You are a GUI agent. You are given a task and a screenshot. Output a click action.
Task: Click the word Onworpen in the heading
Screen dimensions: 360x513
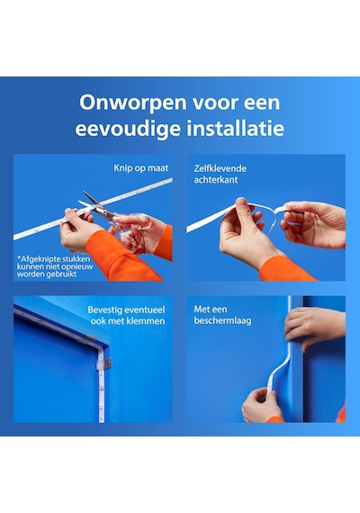pos(132,103)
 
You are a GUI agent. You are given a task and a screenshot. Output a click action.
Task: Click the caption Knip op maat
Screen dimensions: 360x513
pos(141,168)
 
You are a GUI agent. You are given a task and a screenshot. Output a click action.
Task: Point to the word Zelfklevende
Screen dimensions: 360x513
pos(220,168)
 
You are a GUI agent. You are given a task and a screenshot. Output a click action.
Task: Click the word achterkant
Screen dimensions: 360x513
pos(216,180)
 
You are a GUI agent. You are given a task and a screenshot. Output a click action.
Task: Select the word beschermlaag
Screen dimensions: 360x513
pos(222,320)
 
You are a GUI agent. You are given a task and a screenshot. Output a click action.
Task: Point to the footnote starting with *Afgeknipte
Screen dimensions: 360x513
pos(55,266)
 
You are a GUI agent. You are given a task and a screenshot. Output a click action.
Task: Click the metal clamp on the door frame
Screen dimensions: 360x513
pos(105,364)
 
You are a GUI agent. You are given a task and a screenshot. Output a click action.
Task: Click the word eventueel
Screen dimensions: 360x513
pos(145,310)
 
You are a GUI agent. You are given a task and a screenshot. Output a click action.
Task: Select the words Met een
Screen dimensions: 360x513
pos(210,310)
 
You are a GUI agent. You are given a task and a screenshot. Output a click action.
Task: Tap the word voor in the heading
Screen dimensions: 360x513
pos(214,103)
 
